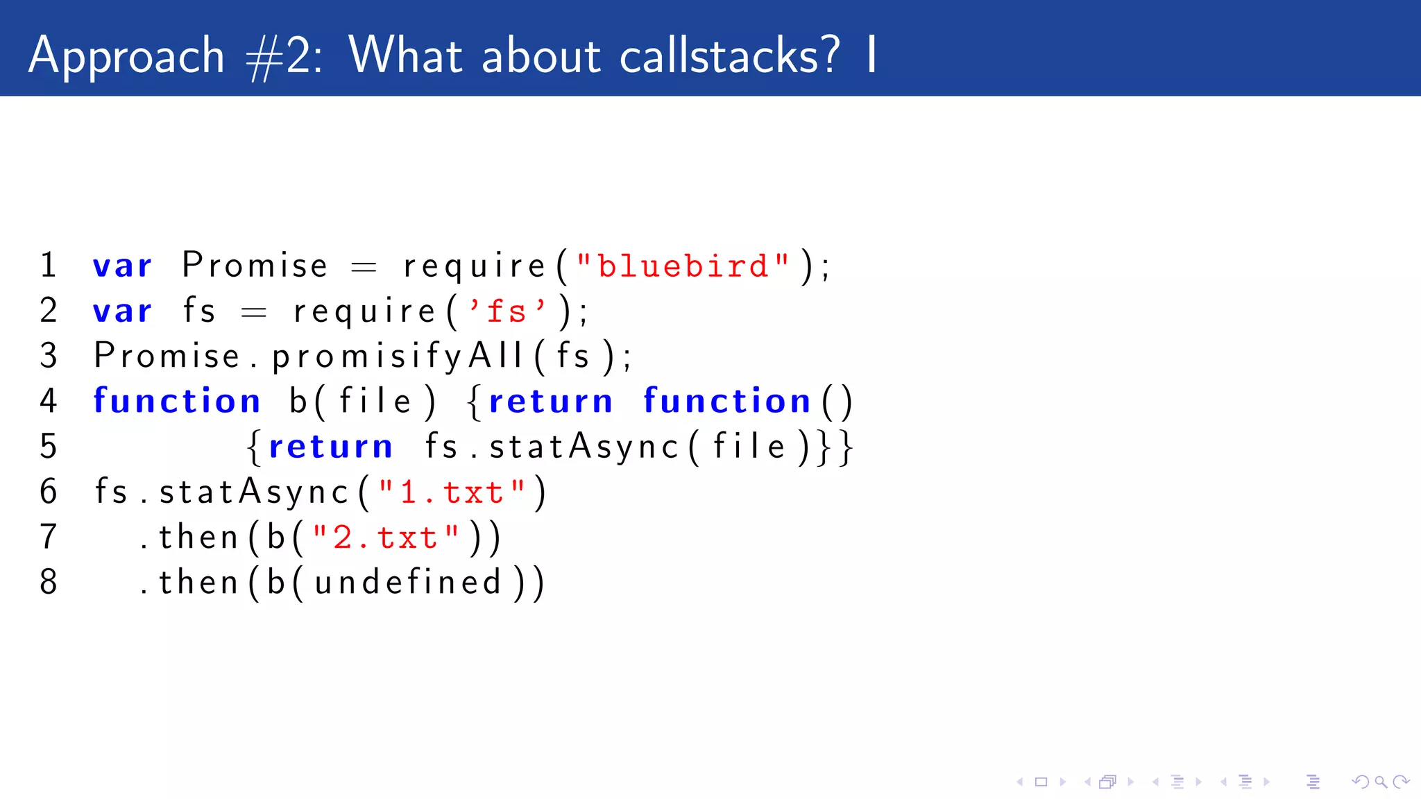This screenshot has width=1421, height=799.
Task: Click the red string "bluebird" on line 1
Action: point(683,266)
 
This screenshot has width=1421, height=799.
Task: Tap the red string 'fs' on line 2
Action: point(507,311)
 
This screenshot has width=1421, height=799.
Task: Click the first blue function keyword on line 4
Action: point(177,401)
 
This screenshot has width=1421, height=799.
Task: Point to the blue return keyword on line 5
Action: point(330,447)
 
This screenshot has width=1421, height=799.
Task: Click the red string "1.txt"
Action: point(452,492)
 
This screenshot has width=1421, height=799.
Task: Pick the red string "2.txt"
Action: point(386,538)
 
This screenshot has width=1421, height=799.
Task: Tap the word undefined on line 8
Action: point(408,583)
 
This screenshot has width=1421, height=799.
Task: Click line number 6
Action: point(49,492)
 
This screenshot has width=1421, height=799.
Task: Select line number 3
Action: point(49,356)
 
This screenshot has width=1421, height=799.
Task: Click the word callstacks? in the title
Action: point(729,55)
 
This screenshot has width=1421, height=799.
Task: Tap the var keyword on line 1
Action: point(123,266)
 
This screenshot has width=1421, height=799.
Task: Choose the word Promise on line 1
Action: point(255,266)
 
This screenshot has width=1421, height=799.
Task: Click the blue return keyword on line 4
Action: point(551,402)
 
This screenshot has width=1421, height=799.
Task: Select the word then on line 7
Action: point(199,538)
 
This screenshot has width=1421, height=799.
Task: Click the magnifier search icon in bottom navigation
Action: point(1381,782)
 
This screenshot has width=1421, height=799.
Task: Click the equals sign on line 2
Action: point(253,313)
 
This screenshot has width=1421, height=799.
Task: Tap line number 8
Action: point(49,582)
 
